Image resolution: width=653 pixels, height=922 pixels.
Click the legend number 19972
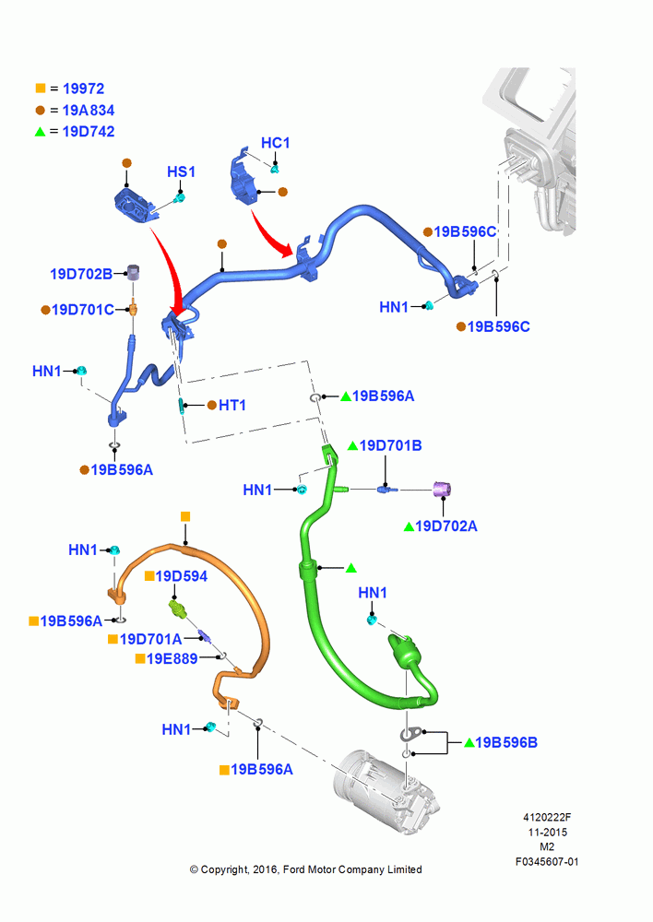[x=83, y=89]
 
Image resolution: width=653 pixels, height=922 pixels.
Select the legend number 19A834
[x=89, y=111]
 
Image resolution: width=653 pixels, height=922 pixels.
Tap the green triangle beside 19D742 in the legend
[x=40, y=132]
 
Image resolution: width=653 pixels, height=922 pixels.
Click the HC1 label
[x=276, y=143]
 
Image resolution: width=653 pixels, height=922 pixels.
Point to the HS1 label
[x=181, y=171]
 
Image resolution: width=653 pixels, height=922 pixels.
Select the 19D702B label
[x=81, y=274]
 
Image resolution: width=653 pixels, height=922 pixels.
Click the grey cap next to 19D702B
[x=134, y=272]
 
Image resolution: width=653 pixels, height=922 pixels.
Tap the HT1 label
[x=232, y=405]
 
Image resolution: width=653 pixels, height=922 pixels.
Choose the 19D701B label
[x=391, y=445]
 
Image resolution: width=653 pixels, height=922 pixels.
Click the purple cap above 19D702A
[x=442, y=490]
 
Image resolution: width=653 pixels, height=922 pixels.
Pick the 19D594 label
[x=181, y=576]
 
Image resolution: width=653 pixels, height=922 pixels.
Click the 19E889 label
[x=172, y=658]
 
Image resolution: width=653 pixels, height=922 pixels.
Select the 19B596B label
[x=506, y=742]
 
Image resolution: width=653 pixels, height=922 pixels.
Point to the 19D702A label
[x=445, y=526]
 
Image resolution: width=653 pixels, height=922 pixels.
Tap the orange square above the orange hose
[x=185, y=517]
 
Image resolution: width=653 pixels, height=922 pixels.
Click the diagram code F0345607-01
[x=547, y=861]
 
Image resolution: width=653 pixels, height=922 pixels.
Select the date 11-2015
[x=547, y=832]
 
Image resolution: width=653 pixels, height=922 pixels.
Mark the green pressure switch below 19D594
[x=178, y=609]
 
